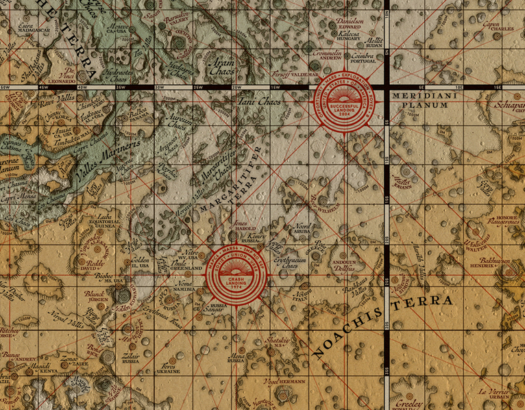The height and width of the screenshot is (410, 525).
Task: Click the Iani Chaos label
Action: pyautogui.click(x=260, y=102)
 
